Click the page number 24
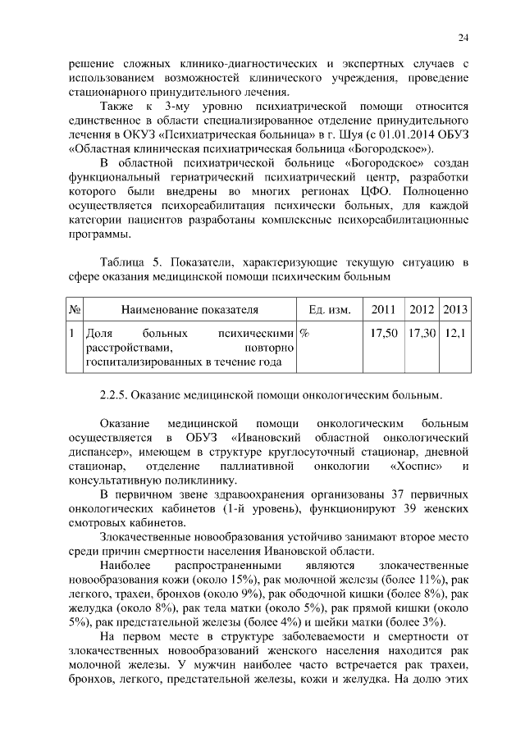[x=463, y=37]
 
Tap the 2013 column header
[x=454, y=309]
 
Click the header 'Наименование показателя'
[x=189, y=309]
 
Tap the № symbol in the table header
[x=74, y=309]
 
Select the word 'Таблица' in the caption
[x=125, y=262]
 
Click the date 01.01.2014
[x=394, y=134]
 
